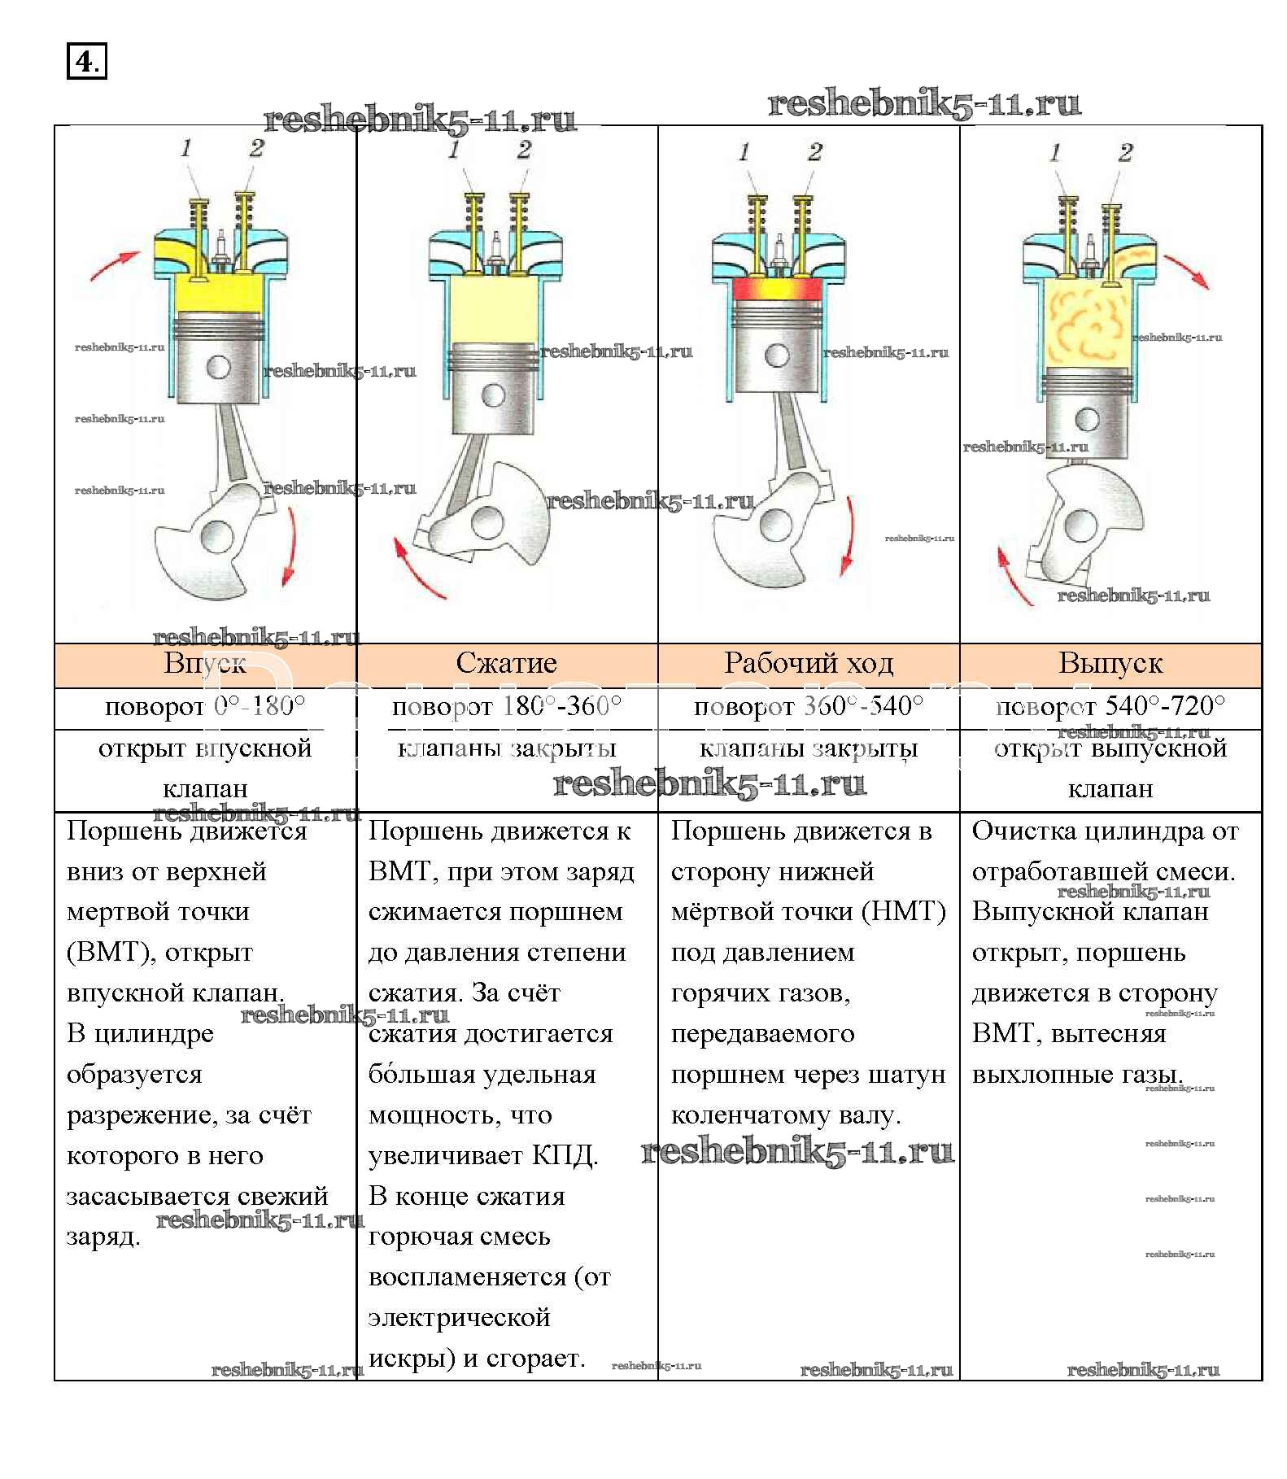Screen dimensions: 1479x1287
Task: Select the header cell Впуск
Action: click(x=205, y=664)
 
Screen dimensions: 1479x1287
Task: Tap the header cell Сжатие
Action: click(x=506, y=664)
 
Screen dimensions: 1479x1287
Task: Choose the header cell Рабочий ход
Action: click(x=809, y=664)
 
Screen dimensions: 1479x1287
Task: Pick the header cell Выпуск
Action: click(x=1110, y=664)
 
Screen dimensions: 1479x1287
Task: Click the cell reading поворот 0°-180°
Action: click(x=205, y=706)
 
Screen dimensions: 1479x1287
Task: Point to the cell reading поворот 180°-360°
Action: click(x=506, y=706)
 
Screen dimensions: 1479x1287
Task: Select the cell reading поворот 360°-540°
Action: click(x=809, y=706)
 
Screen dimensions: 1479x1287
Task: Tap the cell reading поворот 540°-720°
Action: click(x=1110, y=706)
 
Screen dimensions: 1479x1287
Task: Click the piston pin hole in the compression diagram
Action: click(x=493, y=395)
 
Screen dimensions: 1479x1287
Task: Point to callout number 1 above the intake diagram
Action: click(x=186, y=148)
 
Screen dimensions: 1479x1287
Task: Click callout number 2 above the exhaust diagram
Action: click(x=1126, y=152)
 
